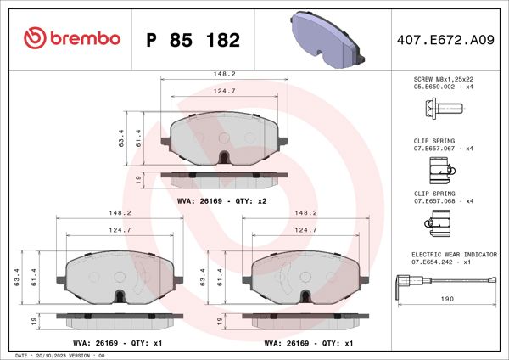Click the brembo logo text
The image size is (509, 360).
(75, 39)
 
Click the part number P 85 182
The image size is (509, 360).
(193, 40)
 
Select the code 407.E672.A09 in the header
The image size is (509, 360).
(444, 40)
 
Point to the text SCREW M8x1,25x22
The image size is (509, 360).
(444, 78)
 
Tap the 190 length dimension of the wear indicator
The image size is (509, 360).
(446, 299)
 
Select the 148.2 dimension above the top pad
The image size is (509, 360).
(224, 74)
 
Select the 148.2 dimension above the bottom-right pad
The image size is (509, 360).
(305, 213)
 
